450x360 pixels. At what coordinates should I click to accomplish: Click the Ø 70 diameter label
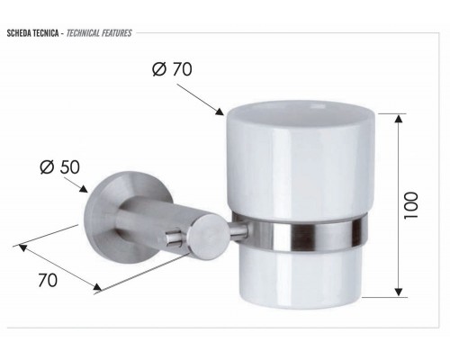click(172, 68)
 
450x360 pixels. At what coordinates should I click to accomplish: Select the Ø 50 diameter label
click(59, 166)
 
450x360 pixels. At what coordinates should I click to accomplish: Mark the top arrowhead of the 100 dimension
click(397, 116)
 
